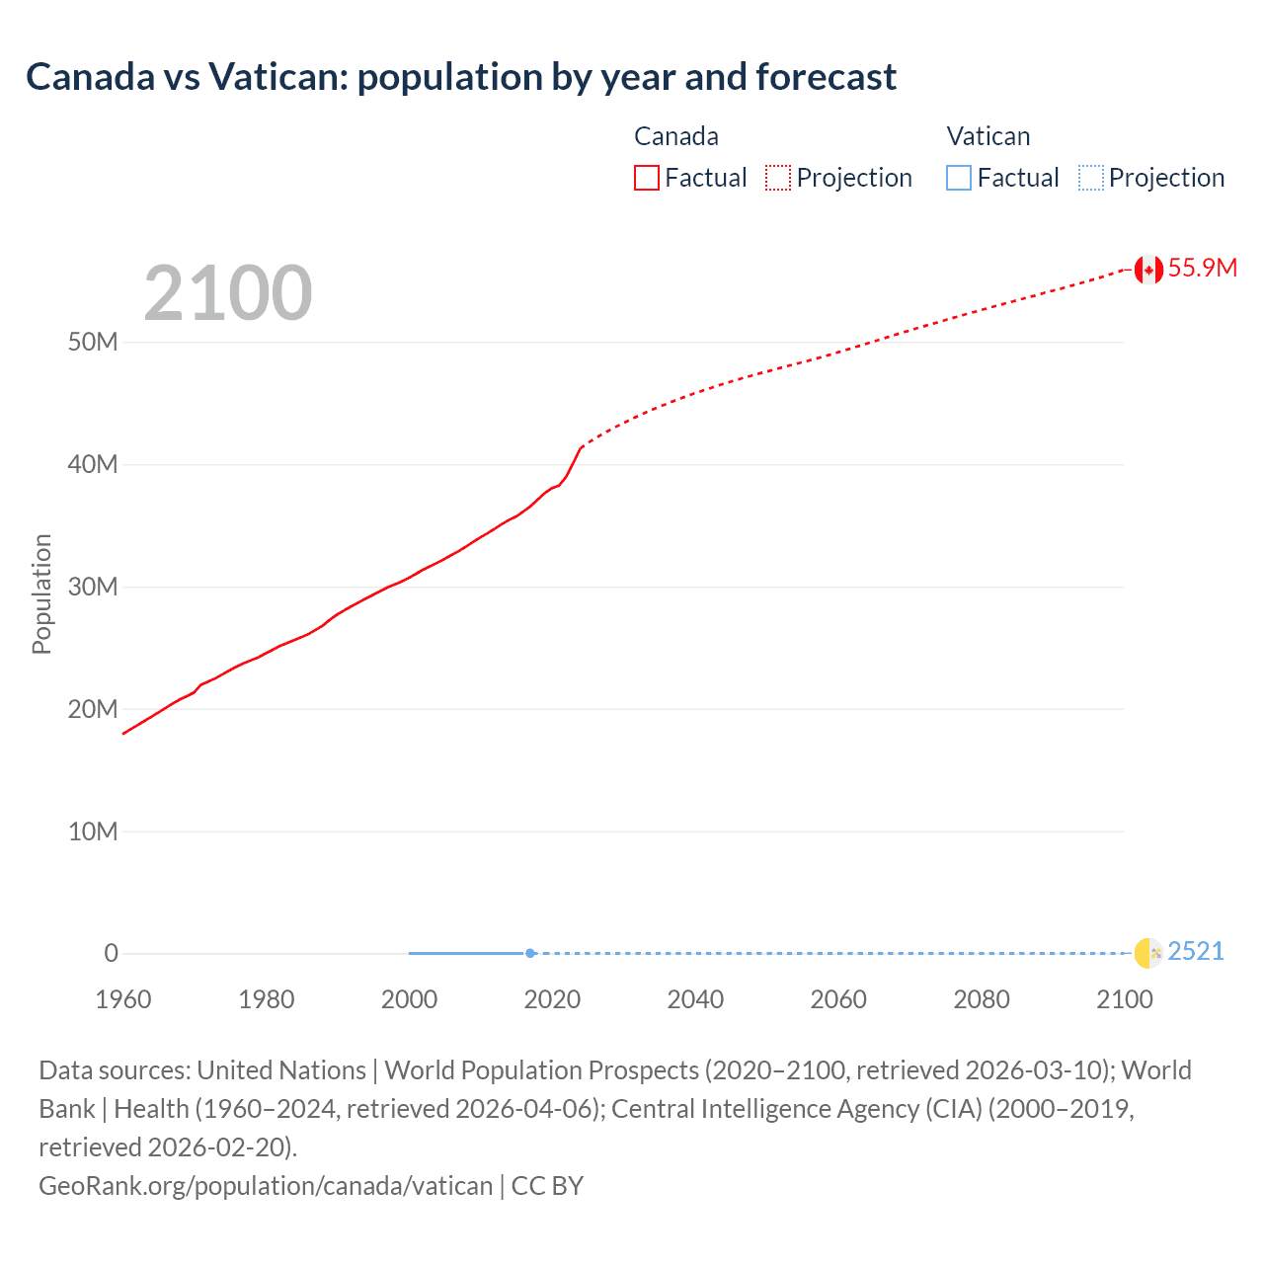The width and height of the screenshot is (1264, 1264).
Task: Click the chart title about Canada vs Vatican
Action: click(x=461, y=77)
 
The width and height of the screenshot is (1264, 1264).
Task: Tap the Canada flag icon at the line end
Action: click(x=1147, y=270)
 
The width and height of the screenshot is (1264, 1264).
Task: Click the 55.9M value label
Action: click(x=1202, y=269)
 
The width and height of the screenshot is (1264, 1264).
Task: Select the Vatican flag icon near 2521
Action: click(x=1147, y=953)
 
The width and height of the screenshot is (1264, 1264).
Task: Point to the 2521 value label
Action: click(x=1195, y=952)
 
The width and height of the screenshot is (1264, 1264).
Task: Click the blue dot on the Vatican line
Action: click(x=530, y=953)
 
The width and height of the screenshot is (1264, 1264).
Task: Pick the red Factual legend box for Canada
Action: click(x=647, y=178)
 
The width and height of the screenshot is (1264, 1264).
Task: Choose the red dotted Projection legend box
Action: click(x=778, y=178)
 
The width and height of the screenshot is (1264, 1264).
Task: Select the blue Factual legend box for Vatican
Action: click(x=959, y=178)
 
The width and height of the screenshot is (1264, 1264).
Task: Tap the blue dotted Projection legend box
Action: click(x=1091, y=178)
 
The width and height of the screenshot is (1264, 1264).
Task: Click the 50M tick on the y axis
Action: click(x=93, y=343)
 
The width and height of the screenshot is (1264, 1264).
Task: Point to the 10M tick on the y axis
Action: click(x=93, y=831)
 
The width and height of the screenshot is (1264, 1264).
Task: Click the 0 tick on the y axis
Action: click(x=111, y=954)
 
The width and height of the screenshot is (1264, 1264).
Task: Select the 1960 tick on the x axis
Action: click(x=123, y=999)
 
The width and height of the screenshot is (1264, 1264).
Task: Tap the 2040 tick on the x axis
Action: click(x=695, y=999)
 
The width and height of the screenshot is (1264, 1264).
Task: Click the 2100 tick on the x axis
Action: click(x=1125, y=999)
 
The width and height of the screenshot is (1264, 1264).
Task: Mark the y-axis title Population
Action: click(x=41, y=593)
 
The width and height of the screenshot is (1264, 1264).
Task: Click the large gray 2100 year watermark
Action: click(x=228, y=293)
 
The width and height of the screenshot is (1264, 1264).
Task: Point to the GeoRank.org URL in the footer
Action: click(x=265, y=1186)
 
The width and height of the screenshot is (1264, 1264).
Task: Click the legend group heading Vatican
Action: click(x=987, y=136)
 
